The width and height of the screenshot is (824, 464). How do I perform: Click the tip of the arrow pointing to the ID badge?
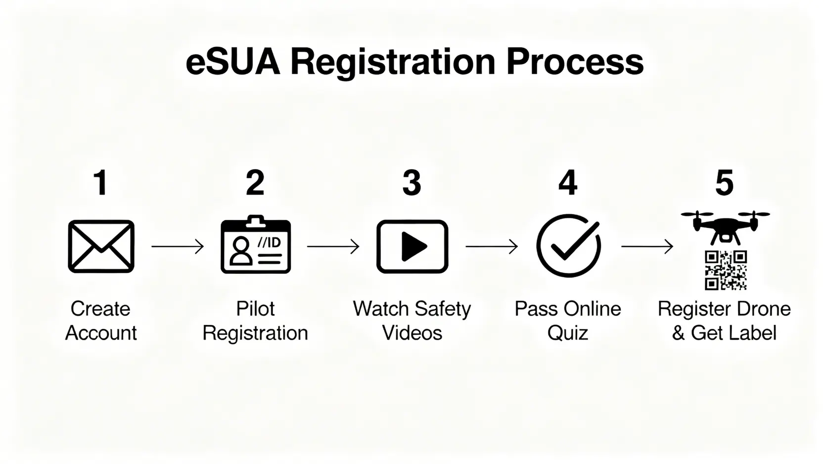point(204,247)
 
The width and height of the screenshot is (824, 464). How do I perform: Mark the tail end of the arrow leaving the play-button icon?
point(466,247)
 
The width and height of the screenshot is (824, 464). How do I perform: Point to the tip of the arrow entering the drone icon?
point(673,247)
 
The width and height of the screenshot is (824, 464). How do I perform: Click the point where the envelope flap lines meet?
point(101,250)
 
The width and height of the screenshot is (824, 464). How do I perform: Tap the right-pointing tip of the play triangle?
point(427,247)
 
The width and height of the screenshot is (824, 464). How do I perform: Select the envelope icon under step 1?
point(101,247)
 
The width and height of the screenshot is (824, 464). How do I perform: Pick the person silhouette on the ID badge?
point(241,251)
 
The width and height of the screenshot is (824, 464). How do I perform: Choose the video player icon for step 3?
point(412,247)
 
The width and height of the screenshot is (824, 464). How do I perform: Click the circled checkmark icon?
point(569,246)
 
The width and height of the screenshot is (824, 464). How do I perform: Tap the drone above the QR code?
point(725,228)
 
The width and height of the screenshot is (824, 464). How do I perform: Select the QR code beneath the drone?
point(726,271)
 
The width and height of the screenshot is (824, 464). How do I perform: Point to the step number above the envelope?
point(100,183)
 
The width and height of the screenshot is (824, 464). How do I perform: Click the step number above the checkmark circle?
point(568,183)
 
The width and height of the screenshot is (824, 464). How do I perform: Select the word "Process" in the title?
point(575,62)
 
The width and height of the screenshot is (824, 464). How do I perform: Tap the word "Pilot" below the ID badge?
point(255,309)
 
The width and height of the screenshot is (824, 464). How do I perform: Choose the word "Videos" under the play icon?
point(412,333)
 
